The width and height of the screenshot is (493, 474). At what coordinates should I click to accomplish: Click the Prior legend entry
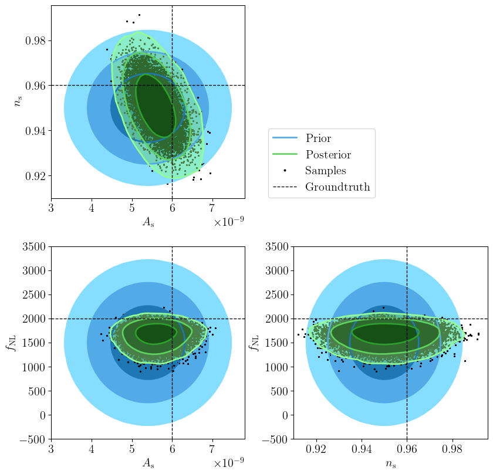[318, 138]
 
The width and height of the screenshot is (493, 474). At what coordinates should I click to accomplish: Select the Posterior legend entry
[328, 155]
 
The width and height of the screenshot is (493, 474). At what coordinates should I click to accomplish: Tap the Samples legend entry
[325, 171]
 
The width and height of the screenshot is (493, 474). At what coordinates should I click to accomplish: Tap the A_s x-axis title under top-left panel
[147, 222]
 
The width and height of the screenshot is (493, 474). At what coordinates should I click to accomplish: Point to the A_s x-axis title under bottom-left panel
[147, 463]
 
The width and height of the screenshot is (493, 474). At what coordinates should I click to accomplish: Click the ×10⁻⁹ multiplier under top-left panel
[228, 222]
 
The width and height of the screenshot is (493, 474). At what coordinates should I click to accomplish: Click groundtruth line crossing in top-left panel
[172, 86]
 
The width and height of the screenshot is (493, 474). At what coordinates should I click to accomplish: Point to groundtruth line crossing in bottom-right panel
[407, 319]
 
